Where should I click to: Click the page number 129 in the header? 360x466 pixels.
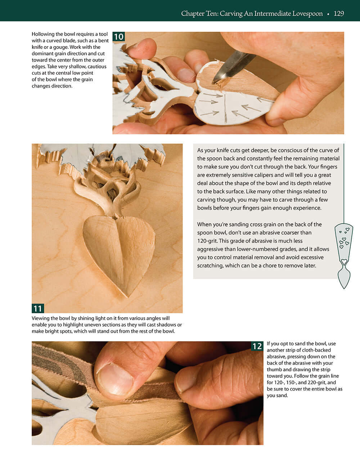coord(339,14)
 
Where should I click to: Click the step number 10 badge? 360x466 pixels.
coord(118,37)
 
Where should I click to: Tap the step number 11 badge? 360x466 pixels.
coord(38,308)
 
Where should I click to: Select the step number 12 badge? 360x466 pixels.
coord(257,346)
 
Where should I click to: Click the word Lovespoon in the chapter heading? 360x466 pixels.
coord(306,14)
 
